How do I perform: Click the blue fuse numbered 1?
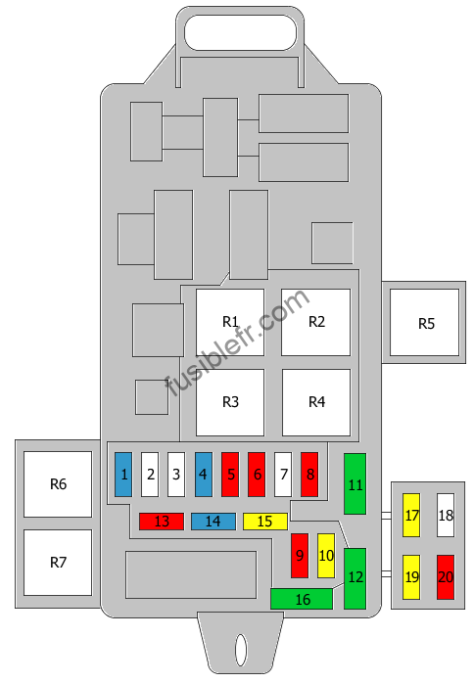point(123,475)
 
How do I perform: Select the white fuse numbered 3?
point(176,475)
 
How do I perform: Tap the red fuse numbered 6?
point(257,475)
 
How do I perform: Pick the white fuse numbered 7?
point(283,475)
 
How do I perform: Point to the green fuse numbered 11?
point(355,484)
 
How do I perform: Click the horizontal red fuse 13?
point(162,522)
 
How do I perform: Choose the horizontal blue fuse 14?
point(213,522)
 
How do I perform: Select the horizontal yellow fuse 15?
point(265,522)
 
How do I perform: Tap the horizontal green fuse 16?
point(302,599)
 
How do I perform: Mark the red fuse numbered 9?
point(300,556)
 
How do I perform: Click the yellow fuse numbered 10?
point(326,556)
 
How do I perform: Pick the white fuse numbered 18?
point(446,516)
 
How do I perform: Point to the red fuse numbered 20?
point(446,577)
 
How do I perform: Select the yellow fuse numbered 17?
point(411,516)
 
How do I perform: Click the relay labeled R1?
point(230,322)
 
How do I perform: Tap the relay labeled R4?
point(316,402)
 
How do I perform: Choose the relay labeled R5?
point(425,322)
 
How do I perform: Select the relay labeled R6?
point(58,484)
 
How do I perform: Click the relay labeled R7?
point(58,563)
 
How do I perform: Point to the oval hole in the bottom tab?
point(241,650)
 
